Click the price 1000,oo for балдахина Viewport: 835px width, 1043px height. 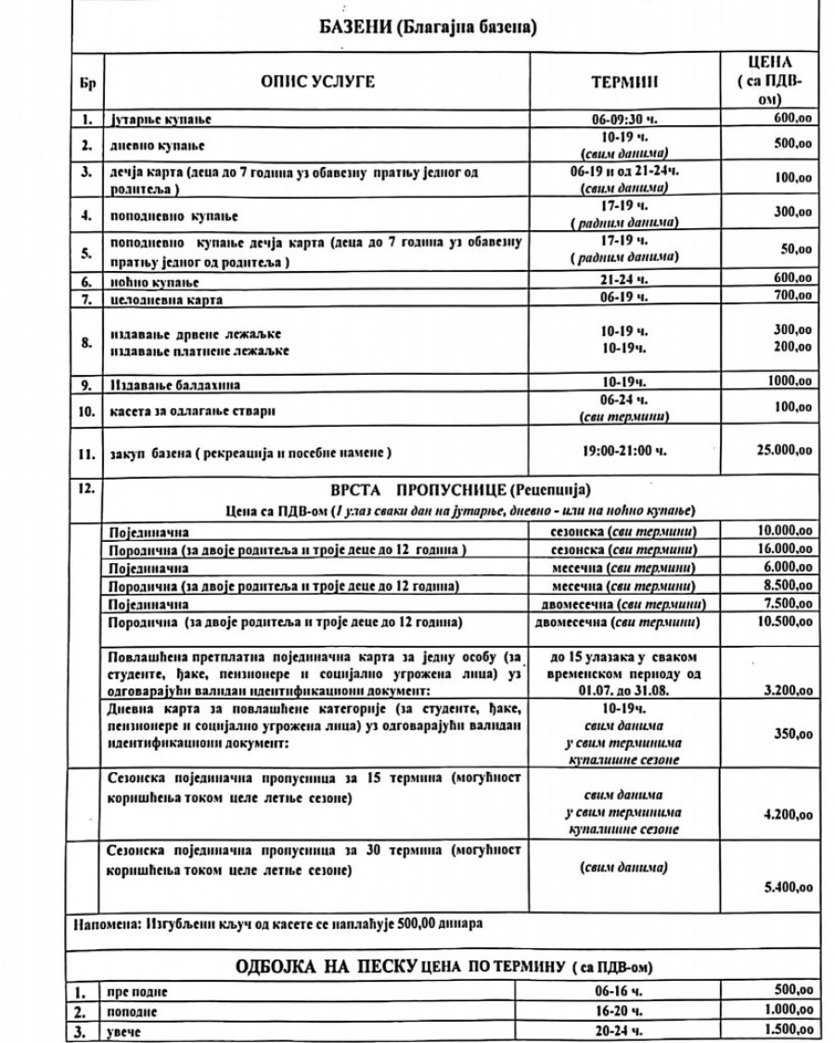pos(790,381)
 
